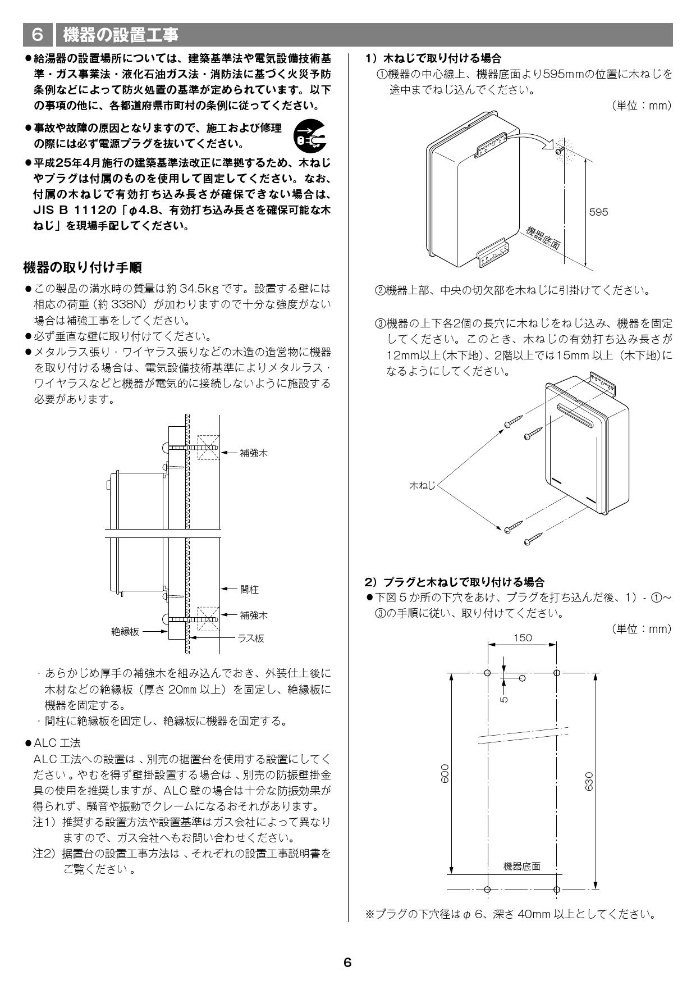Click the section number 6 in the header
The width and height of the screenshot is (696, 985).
38,35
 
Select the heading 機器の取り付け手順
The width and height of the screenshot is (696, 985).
83,267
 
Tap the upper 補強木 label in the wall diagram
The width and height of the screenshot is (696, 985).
253,453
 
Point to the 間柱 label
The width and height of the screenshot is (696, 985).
249,589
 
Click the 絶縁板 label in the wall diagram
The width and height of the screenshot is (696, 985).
125,631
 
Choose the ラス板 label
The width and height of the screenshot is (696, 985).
250,638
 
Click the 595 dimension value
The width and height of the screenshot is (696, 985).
598,212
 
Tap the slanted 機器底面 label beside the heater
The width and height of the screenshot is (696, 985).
543,238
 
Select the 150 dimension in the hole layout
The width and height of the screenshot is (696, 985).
522,637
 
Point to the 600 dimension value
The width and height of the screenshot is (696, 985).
445,773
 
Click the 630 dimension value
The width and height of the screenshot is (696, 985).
589,781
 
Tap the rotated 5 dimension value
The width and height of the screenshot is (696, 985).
504,699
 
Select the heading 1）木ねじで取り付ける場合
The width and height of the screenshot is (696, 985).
433,58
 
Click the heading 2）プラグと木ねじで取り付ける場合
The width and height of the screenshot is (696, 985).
455,582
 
